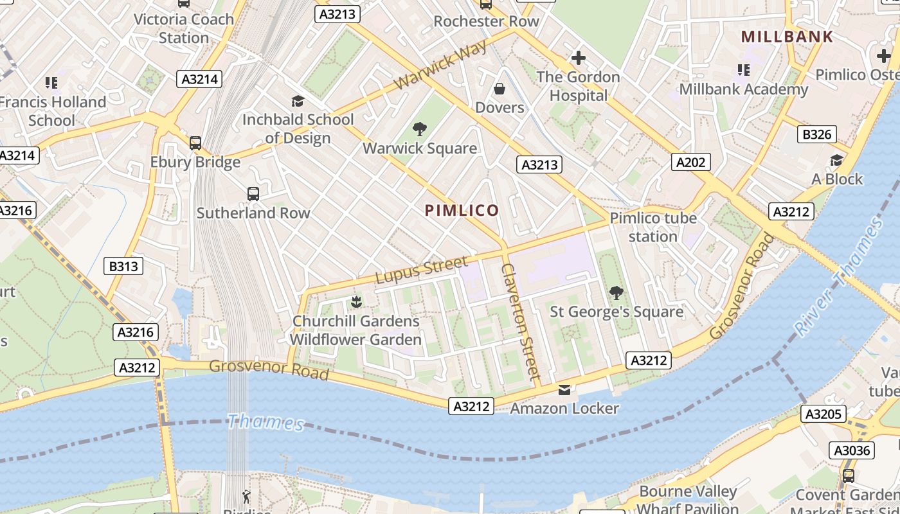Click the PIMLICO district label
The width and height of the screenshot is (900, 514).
(462, 210)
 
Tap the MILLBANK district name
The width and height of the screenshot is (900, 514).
(787, 37)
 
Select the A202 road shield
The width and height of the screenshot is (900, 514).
(691, 162)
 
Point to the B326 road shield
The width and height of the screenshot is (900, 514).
(817, 134)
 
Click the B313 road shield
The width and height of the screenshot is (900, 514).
(123, 265)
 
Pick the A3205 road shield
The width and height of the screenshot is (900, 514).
(824, 414)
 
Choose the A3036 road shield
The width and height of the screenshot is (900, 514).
(852, 450)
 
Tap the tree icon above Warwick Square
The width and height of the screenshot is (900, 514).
(420, 129)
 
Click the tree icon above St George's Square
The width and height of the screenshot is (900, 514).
(616, 293)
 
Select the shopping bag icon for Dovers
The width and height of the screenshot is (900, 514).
(500, 89)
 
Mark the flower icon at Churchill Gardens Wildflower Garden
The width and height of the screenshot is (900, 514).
(355, 302)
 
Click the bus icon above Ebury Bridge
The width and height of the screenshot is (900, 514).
(195, 143)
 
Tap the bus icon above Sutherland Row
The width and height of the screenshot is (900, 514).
(253, 193)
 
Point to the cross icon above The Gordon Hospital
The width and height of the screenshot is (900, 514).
(578, 58)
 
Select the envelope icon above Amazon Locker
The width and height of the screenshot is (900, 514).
(564, 389)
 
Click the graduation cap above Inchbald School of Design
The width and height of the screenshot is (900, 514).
(298, 101)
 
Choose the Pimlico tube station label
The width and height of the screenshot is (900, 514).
(653, 227)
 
